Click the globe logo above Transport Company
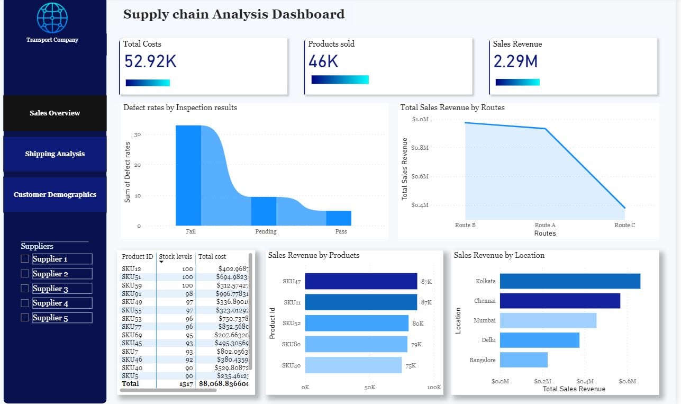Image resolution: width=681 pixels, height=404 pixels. [52, 17]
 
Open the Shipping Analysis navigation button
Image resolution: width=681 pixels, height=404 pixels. [55, 154]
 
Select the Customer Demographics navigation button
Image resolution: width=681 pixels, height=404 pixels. [55, 194]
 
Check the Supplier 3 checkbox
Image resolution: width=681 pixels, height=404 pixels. [25, 289]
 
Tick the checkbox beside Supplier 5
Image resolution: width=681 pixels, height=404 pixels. [25, 318]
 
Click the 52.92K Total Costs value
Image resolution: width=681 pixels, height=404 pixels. [150, 61]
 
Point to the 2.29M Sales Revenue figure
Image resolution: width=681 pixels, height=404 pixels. [515, 61]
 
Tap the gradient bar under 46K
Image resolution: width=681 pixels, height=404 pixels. [340, 79]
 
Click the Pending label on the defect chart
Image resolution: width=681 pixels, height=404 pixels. [266, 231]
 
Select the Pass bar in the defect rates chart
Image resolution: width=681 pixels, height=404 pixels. [339, 218]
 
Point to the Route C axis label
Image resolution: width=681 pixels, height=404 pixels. [624, 225]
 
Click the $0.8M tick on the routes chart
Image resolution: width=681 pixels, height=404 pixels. [420, 148]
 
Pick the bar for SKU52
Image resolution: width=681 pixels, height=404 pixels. [357, 323]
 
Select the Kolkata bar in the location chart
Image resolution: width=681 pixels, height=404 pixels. [570, 281]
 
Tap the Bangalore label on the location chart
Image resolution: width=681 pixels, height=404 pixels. [483, 360]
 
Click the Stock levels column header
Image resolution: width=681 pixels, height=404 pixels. [176, 256]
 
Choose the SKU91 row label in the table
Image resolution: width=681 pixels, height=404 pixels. [131, 293]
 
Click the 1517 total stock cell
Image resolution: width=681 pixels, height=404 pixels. [186, 383]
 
